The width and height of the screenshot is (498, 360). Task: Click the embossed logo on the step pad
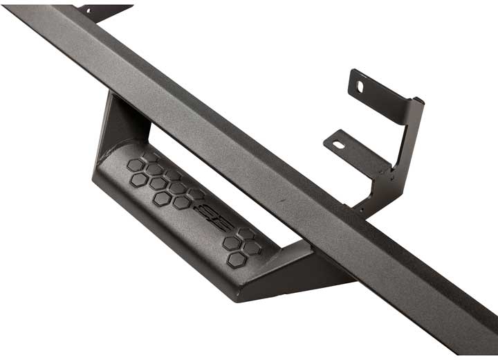[206, 215]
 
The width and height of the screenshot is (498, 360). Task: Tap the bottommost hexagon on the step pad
[237, 259]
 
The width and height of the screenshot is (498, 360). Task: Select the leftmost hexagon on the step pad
[135, 165]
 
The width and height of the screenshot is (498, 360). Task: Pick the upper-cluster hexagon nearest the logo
[182, 202]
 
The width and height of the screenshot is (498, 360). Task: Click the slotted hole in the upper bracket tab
[360, 87]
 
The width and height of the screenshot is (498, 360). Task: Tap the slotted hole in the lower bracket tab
[338, 145]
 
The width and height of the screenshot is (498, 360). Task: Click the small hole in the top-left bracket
[87, 9]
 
